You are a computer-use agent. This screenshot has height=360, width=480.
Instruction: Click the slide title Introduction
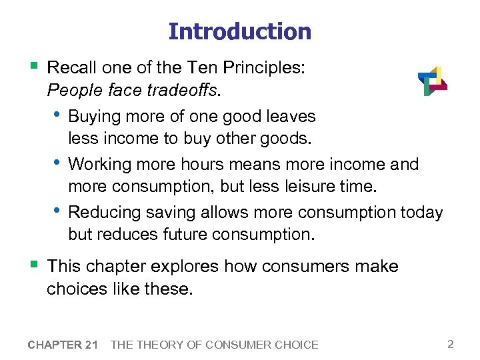(x=239, y=31)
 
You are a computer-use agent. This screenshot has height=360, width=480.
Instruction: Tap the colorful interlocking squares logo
(x=432, y=81)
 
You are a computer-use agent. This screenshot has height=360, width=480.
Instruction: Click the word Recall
(x=71, y=67)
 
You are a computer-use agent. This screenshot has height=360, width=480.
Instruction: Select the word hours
(x=183, y=164)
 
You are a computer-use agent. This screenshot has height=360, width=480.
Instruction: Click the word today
(x=421, y=213)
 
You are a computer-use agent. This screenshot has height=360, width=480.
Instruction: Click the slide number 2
(x=451, y=344)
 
